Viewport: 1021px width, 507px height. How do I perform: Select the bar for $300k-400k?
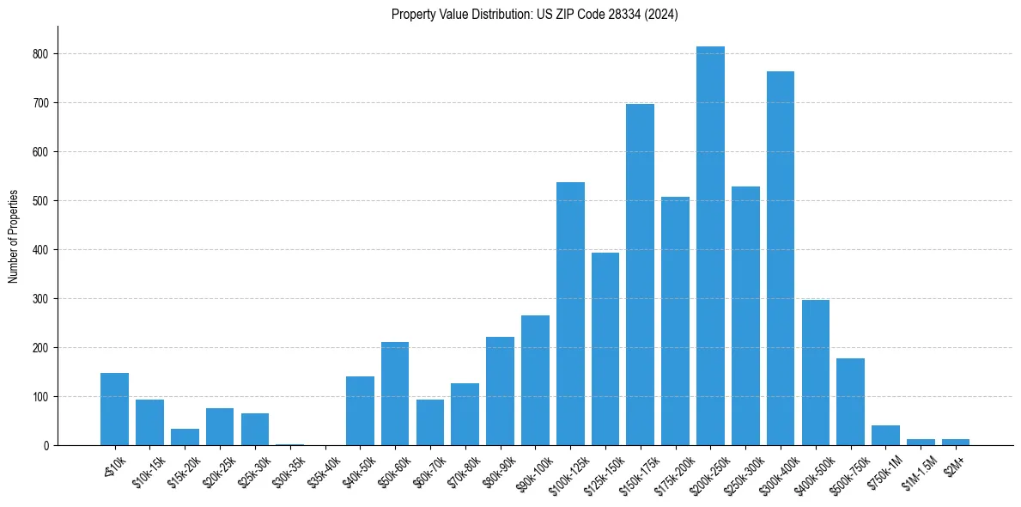(x=781, y=258)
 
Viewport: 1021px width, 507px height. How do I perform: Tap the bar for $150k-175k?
(x=640, y=275)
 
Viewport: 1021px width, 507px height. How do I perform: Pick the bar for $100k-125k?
(x=570, y=314)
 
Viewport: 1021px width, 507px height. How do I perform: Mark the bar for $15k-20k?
(x=185, y=437)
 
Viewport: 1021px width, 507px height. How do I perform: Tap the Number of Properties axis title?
(x=14, y=236)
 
